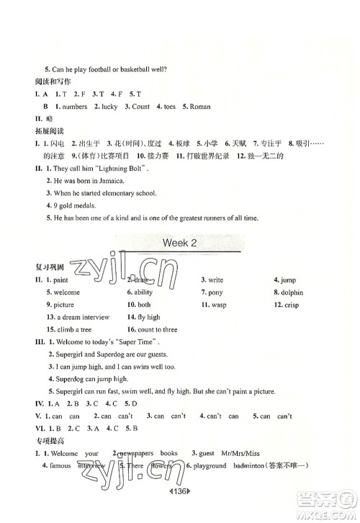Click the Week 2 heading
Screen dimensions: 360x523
tap(179, 243)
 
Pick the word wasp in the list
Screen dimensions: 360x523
tap(219, 305)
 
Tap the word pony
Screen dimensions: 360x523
tap(215, 292)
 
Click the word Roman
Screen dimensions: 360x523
tap(200, 107)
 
